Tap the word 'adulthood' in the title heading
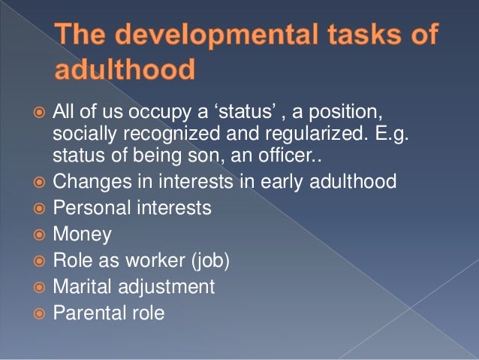point(124,71)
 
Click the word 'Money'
point(82,234)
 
